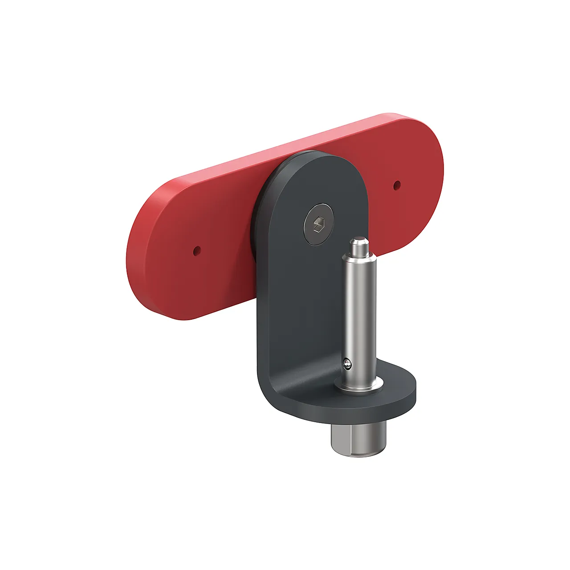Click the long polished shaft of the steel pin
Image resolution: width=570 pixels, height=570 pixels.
359,312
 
